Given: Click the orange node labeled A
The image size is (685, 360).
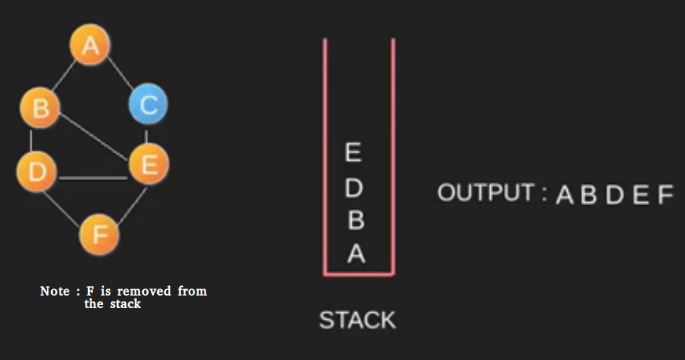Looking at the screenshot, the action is pos(90,46).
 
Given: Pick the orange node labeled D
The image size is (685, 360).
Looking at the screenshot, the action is pos(36,171).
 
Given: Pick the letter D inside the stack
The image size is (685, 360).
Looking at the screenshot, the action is pos(354,188).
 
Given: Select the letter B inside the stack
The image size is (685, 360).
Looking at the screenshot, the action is pos(355,221).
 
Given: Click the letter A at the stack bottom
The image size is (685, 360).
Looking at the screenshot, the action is pos(355,255).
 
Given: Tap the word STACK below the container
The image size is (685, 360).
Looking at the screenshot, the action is pos(357,320).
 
